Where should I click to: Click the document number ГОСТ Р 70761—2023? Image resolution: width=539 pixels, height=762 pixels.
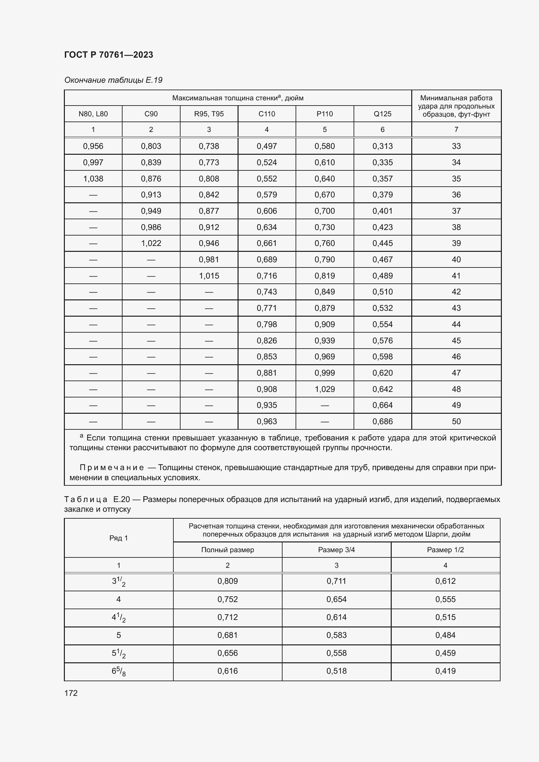pyautogui.click(x=109, y=55)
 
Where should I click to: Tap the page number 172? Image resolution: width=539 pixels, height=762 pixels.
pyautogui.click(x=71, y=693)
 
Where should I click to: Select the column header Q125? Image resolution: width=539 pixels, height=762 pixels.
pyautogui.click(x=382, y=114)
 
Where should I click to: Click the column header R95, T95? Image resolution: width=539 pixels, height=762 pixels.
pyautogui.click(x=209, y=114)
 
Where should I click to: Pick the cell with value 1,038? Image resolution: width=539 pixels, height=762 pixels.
pyautogui.click(x=93, y=179)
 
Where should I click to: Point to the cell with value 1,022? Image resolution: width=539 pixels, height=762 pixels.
pyautogui.click(x=151, y=243)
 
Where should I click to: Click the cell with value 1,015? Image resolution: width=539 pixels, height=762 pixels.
pyautogui.click(x=209, y=276)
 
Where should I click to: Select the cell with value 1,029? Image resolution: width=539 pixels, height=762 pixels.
pyautogui.click(x=325, y=389)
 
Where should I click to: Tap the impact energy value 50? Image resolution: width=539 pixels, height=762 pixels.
pyautogui.click(x=456, y=422)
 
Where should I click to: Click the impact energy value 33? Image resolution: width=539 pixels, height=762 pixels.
pyautogui.click(x=456, y=146)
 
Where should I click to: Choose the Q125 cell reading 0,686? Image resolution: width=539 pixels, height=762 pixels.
pyautogui.click(x=382, y=422)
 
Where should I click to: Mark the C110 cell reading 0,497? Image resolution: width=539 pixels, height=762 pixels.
pyautogui.click(x=267, y=146)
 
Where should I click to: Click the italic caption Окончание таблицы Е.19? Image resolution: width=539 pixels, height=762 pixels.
pyautogui.click(x=113, y=80)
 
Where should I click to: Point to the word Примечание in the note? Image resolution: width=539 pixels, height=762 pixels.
pyautogui.click(x=111, y=467)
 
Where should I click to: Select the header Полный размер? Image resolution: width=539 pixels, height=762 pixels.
pyautogui.click(x=227, y=550)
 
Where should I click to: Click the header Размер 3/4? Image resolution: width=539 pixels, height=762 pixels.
pyautogui.click(x=336, y=550)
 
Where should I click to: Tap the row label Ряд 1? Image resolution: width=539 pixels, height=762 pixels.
pyautogui.click(x=119, y=538)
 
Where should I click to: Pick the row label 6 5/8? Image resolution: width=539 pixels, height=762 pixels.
pyautogui.click(x=119, y=671)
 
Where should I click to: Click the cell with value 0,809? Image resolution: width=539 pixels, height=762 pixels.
pyautogui.click(x=227, y=581)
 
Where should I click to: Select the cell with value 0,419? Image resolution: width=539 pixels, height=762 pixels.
pyautogui.click(x=445, y=671)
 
